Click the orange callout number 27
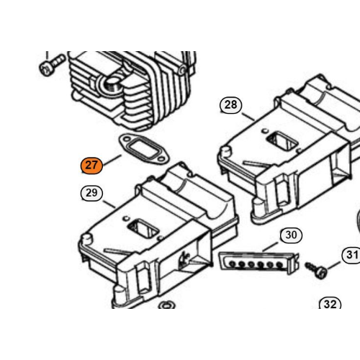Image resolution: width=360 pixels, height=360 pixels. [x=91, y=166]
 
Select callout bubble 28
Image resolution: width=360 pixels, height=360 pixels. [x=230, y=105]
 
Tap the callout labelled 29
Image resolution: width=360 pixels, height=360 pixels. [x=91, y=193]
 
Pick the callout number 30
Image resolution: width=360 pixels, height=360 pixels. [x=291, y=235]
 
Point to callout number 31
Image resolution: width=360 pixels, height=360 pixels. [x=352, y=255]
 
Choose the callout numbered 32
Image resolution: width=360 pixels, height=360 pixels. [x=330, y=304]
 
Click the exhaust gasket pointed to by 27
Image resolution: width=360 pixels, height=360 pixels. [x=144, y=150]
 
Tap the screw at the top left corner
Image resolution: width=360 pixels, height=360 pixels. [x=52, y=65]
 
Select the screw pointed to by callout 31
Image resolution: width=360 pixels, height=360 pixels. [x=316, y=270]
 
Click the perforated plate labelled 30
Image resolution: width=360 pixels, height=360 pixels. [x=259, y=263]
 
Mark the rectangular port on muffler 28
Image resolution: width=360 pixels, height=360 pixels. [x=282, y=141]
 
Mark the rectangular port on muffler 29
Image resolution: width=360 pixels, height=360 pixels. [x=143, y=229]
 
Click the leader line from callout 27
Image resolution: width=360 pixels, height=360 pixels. [x=112, y=160]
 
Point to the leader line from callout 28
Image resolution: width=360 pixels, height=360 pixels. [x=248, y=117]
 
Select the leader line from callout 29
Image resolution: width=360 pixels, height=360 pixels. [x=109, y=204]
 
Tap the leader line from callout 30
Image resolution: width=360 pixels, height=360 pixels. [x=270, y=246]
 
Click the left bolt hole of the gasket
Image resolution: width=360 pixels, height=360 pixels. [x=125, y=139]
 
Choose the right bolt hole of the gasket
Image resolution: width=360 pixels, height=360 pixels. [x=163, y=159]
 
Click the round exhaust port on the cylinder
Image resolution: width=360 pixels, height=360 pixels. [x=112, y=84]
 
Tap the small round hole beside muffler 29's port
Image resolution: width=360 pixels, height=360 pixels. [x=125, y=219]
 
